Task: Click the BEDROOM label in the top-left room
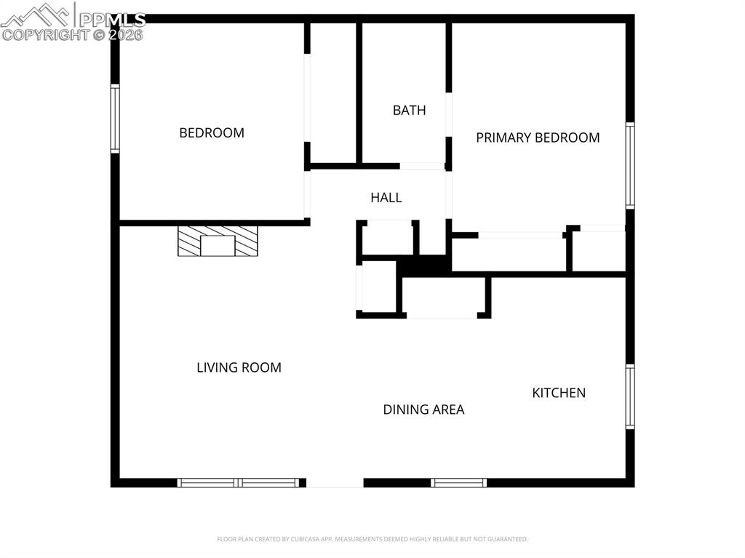click(x=212, y=132)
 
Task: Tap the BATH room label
click(x=409, y=111)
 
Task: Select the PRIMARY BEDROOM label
click(x=538, y=137)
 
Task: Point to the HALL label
click(x=386, y=197)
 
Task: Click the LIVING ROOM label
click(x=239, y=367)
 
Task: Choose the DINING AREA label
click(x=423, y=410)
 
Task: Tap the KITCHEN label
click(x=559, y=393)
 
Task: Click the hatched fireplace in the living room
click(x=218, y=241)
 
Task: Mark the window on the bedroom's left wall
click(x=115, y=119)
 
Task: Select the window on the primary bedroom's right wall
click(x=630, y=166)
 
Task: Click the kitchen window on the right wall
click(x=630, y=396)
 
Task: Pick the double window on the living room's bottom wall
click(x=239, y=482)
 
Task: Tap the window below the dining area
click(x=458, y=482)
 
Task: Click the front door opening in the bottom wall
click(x=335, y=482)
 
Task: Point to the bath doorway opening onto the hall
click(x=422, y=166)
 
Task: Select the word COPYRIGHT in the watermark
click(x=45, y=34)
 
